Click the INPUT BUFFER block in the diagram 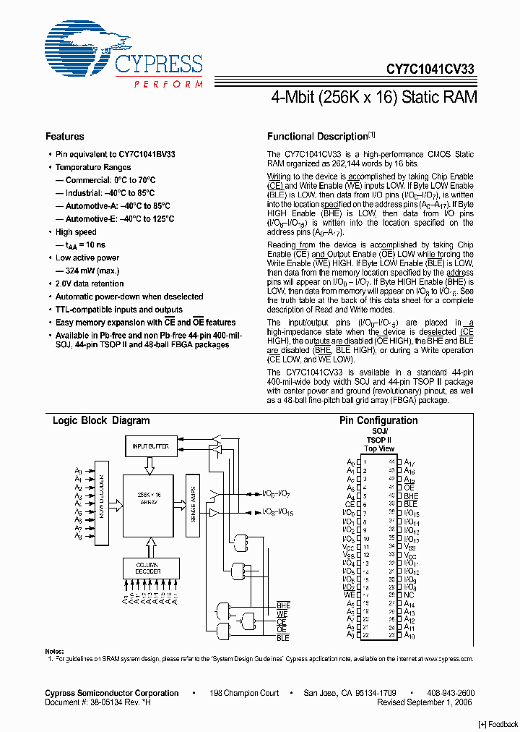pos(150,446)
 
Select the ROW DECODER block pos(101,499)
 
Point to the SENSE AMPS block pos(191,506)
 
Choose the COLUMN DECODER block pos(147,568)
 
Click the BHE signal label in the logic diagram pos(283,605)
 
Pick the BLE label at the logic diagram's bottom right pos(282,638)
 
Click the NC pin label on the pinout pos(408,595)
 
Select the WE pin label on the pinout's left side pos(350,595)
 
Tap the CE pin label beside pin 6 pos(350,505)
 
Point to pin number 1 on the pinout pos(365,461)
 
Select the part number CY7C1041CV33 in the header pos(430,69)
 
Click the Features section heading pos(64,136)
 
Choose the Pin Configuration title pos(378,420)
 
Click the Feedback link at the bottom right pos(498,724)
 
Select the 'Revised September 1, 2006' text pos(425,702)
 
